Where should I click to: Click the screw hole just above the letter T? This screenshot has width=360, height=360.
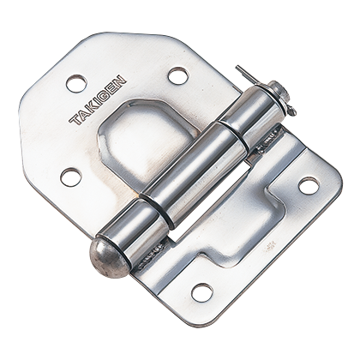76,83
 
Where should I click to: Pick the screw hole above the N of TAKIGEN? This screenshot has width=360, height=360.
178,75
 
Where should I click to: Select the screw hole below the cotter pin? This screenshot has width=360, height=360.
308,185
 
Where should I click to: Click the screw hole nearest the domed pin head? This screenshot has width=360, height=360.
201,292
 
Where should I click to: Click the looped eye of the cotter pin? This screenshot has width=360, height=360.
289,108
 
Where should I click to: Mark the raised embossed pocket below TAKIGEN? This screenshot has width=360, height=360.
141,137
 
